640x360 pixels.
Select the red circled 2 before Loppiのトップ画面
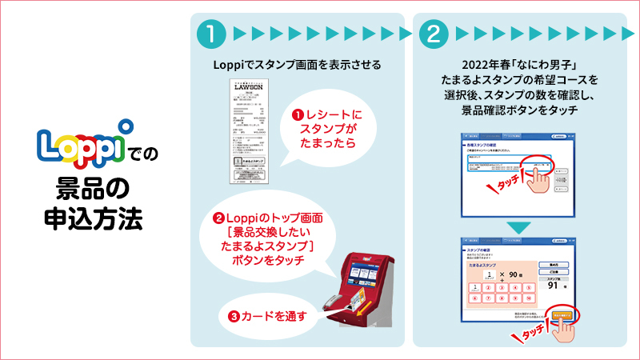click(218, 218)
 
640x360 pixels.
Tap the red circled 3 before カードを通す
click(233, 315)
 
